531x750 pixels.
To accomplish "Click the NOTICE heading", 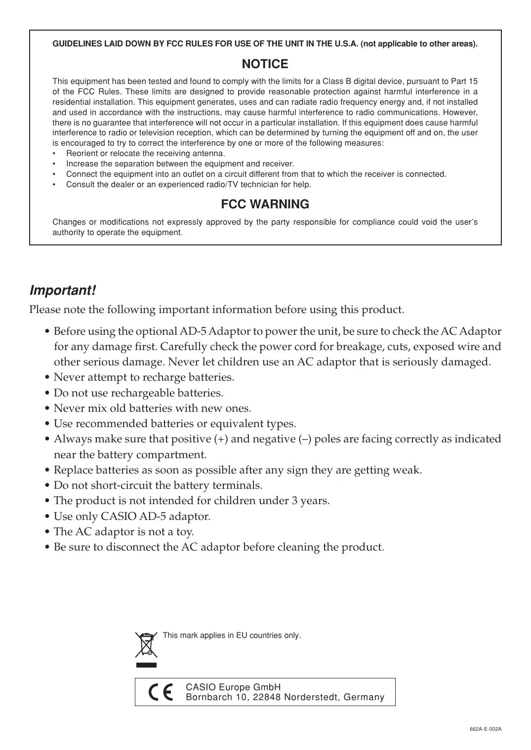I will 265,64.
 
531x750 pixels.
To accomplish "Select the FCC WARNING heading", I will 265,204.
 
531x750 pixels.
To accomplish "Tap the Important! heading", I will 63,290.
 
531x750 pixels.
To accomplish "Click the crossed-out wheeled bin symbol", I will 146,645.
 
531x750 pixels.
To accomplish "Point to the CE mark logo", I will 161,692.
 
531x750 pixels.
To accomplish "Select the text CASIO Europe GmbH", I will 233,687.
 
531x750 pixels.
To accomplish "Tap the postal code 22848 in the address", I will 267,697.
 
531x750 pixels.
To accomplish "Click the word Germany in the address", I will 364,697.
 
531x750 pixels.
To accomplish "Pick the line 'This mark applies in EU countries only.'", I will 232,635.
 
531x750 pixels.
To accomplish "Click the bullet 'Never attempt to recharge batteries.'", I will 144,378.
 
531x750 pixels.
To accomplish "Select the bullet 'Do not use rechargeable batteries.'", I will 138,393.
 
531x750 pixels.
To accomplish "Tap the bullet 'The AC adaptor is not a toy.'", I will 123,532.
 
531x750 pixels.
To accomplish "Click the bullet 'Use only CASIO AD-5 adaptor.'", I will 132,516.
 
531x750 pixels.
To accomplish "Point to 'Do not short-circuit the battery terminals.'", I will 158,485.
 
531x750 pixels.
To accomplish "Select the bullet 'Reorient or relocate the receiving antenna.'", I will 146,154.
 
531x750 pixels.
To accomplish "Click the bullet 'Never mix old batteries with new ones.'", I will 152,408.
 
